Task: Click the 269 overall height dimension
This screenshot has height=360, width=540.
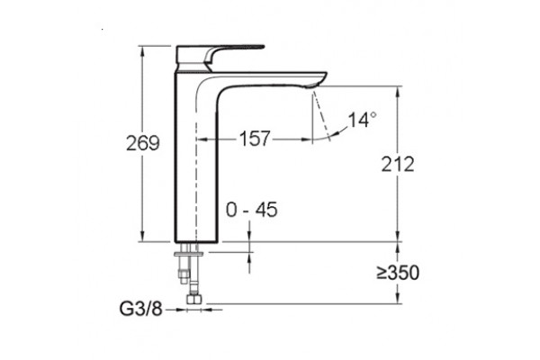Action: (142, 143)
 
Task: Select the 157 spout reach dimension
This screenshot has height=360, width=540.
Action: (255, 139)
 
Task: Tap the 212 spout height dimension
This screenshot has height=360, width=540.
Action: (398, 164)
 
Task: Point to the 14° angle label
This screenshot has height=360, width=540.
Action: (362, 120)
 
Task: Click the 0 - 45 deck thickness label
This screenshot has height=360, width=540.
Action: (251, 210)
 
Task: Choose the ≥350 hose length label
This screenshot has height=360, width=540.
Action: (398, 273)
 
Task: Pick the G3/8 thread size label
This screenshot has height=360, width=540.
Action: (140, 309)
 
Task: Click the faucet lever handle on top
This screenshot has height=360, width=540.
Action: (220, 55)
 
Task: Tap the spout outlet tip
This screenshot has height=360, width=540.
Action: (315, 85)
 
